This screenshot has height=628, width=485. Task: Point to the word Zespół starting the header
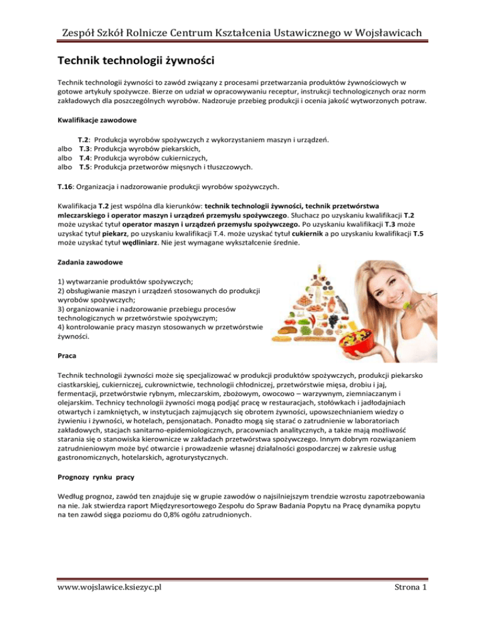tap(75, 33)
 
